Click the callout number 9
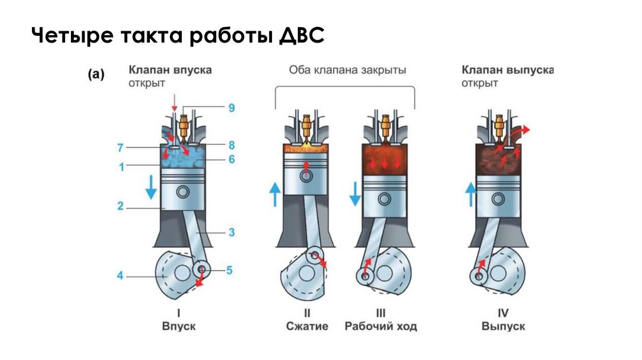tap(231, 108)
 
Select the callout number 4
tap(119, 275)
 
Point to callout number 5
tap(229, 270)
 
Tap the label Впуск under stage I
tap(179, 326)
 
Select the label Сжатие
tap(307, 326)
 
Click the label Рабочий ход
tap(381, 326)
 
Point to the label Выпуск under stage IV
tap(503, 326)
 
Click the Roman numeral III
tap(381, 313)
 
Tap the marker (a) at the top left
tap(95, 74)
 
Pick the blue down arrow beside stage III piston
tap(355, 193)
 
